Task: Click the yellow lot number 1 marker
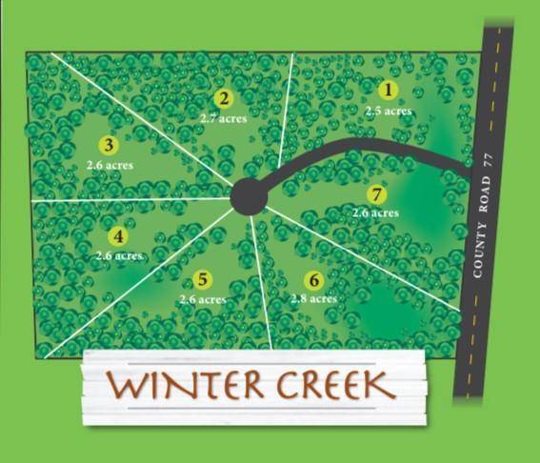click(388, 91)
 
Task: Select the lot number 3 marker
click(109, 146)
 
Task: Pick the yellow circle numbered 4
click(118, 237)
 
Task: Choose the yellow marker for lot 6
click(313, 280)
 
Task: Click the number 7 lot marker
click(376, 194)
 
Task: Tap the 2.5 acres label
click(389, 111)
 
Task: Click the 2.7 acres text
click(223, 119)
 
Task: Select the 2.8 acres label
click(313, 299)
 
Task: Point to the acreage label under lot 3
click(110, 165)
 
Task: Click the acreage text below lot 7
click(375, 213)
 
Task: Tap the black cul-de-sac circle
click(249, 196)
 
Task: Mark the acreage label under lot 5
click(202, 299)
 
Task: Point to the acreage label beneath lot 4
click(120, 256)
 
